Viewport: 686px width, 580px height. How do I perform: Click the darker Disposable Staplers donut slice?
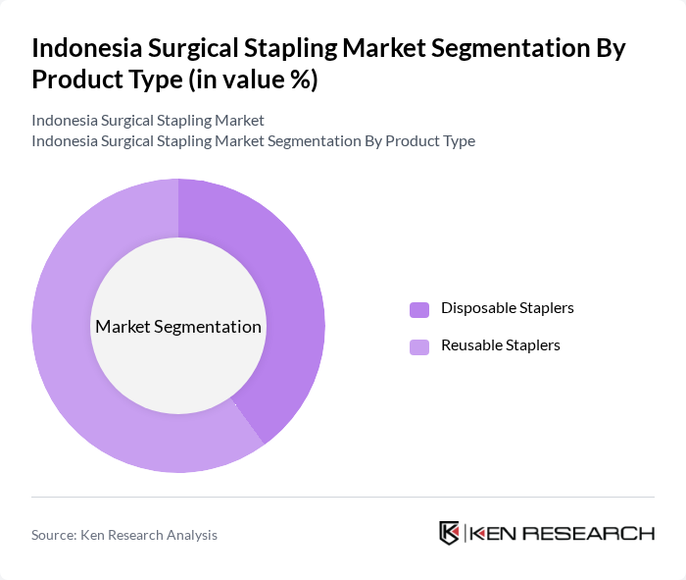[294, 294]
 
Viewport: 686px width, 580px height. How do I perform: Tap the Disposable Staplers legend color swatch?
[419, 309]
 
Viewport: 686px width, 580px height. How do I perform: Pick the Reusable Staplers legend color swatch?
[419, 346]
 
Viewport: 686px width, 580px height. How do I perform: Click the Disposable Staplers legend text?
[507, 308]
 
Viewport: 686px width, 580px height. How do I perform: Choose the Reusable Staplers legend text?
[500, 345]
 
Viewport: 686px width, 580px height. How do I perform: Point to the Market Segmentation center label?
[178, 327]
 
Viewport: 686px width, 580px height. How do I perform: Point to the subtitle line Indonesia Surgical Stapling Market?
[148, 121]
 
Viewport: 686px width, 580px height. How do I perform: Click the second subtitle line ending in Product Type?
[253, 141]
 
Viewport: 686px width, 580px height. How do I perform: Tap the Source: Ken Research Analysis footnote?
[124, 535]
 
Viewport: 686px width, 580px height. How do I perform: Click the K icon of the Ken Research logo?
[449, 533]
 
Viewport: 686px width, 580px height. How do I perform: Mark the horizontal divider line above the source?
[343, 497]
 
